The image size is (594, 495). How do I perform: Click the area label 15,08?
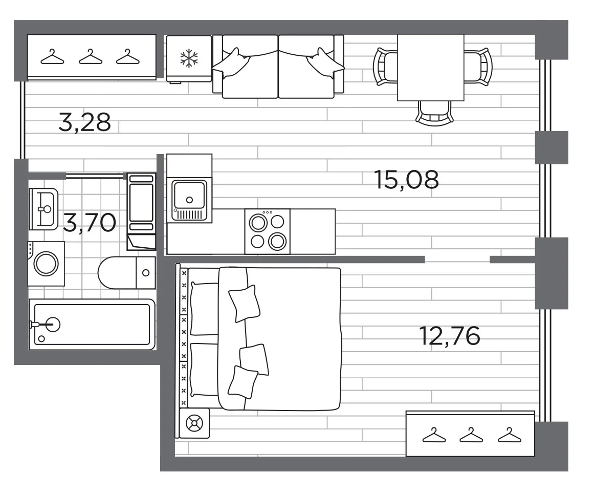pyautogui.click(x=406, y=180)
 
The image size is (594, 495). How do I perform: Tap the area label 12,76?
pyautogui.click(x=450, y=336)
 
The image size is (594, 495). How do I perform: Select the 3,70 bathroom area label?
pyautogui.click(x=90, y=223)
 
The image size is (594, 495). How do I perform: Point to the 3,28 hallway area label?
pyautogui.click(x=85, y=122)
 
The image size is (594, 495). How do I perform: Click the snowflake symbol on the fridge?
pyautogui.click(x=189, y=58)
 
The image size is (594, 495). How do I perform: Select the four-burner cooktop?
pyautogui.click(x=268, y=231)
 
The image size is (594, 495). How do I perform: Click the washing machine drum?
pyautogui.click(x=46, y=264)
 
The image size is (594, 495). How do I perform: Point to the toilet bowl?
pyautogui.click(x=117, y=272)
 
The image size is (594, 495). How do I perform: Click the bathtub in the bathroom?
pyautogui.click(x=92, y=325)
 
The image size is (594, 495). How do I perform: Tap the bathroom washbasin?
pyautogui.click(x=43, y=209)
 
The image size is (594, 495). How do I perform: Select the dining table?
pyautogui.click(x=431, y=68)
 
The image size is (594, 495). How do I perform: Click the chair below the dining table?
pyautogui.click(x=434, y=113)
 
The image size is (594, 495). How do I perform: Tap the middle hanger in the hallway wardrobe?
pyautogui.click(x=91, y=56)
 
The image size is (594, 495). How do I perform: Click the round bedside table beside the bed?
pyautogui.click(x=194, y=423)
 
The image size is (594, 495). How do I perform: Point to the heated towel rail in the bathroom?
pyautogui.click(x=141, y=212)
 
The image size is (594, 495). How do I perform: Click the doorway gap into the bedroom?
pyautogui.click(x=457, y=259)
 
